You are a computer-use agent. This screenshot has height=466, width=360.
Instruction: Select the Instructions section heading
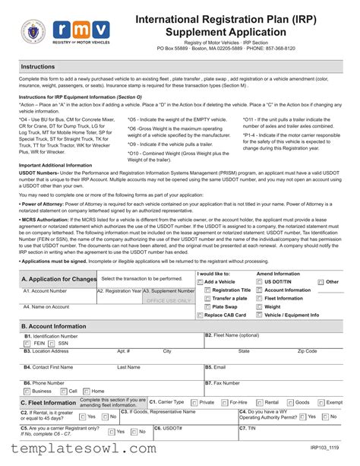[37, 68]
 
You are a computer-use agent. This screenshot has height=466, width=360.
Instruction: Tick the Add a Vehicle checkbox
[199, 282]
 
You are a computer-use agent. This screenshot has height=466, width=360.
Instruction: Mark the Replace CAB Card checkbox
[199, 315]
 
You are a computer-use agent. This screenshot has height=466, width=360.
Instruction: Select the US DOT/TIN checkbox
[260, 282]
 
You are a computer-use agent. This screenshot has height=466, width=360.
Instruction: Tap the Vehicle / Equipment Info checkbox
[260, 315]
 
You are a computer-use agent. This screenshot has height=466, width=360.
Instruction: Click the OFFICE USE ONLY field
[169, 300]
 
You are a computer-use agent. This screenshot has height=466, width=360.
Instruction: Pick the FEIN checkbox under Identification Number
[27, 343]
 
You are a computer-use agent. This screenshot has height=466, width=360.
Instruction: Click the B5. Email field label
[216, 366]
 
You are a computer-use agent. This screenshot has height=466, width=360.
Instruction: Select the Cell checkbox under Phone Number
[63, 391]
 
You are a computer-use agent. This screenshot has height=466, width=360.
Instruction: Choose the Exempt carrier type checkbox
[320, 402]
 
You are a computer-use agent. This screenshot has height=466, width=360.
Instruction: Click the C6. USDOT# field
[194, 436]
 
